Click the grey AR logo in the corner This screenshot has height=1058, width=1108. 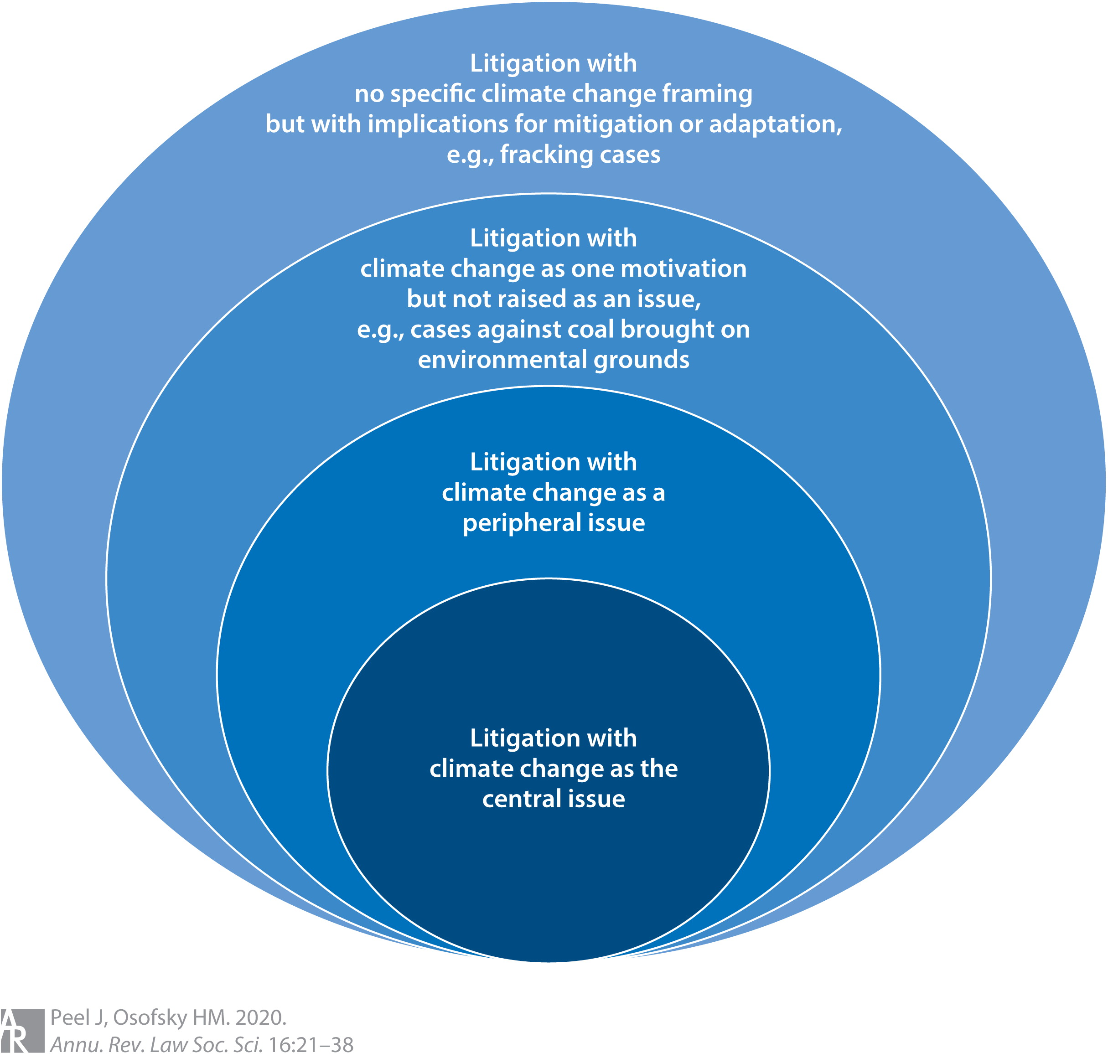(21, 1030)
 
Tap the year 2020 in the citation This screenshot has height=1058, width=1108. (261, 1018)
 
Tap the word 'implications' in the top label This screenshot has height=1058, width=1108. (457, 124)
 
